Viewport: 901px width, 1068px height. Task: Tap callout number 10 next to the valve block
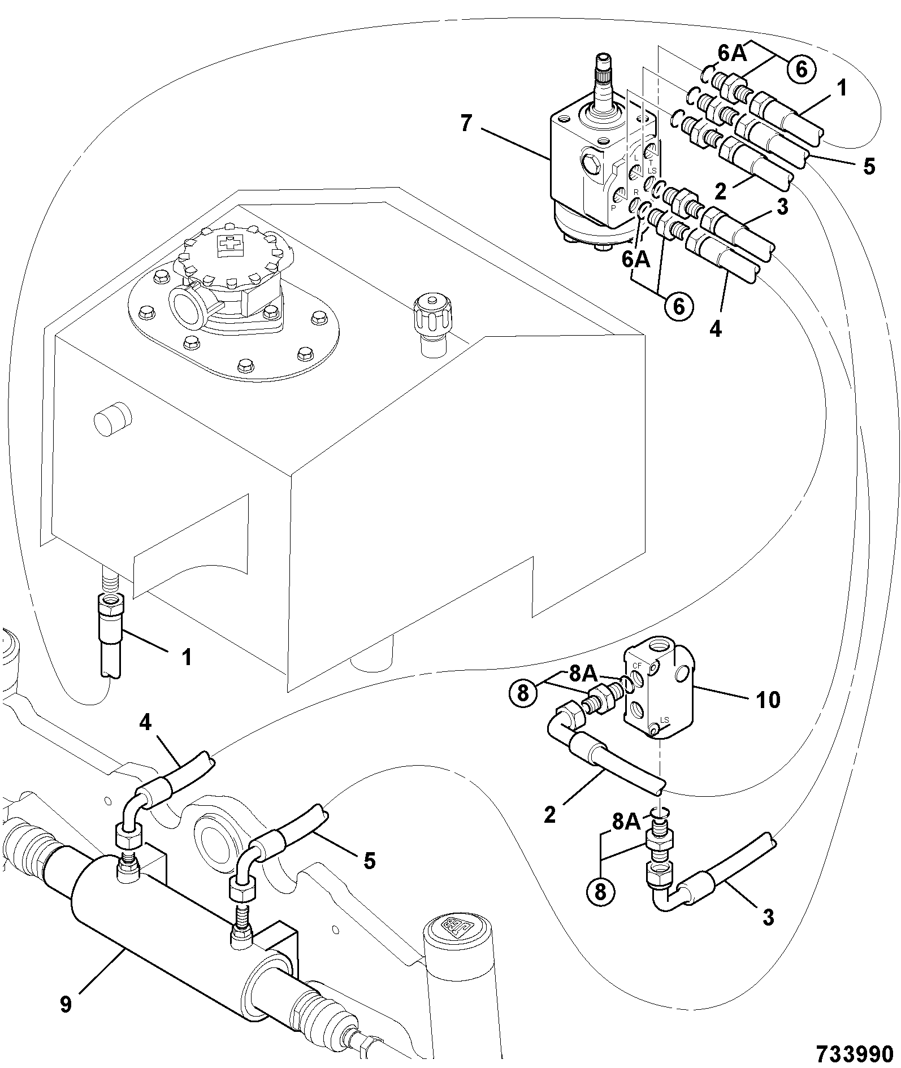[768, 701]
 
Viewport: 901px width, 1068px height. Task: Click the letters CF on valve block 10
[637, 666]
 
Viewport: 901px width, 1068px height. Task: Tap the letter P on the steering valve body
[613, 207]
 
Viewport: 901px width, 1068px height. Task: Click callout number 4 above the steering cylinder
[146, 723]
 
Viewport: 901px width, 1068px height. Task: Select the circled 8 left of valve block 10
[523, 692]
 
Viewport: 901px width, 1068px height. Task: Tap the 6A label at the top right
[733, 54]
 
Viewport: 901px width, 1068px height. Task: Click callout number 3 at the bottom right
[768, 917]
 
